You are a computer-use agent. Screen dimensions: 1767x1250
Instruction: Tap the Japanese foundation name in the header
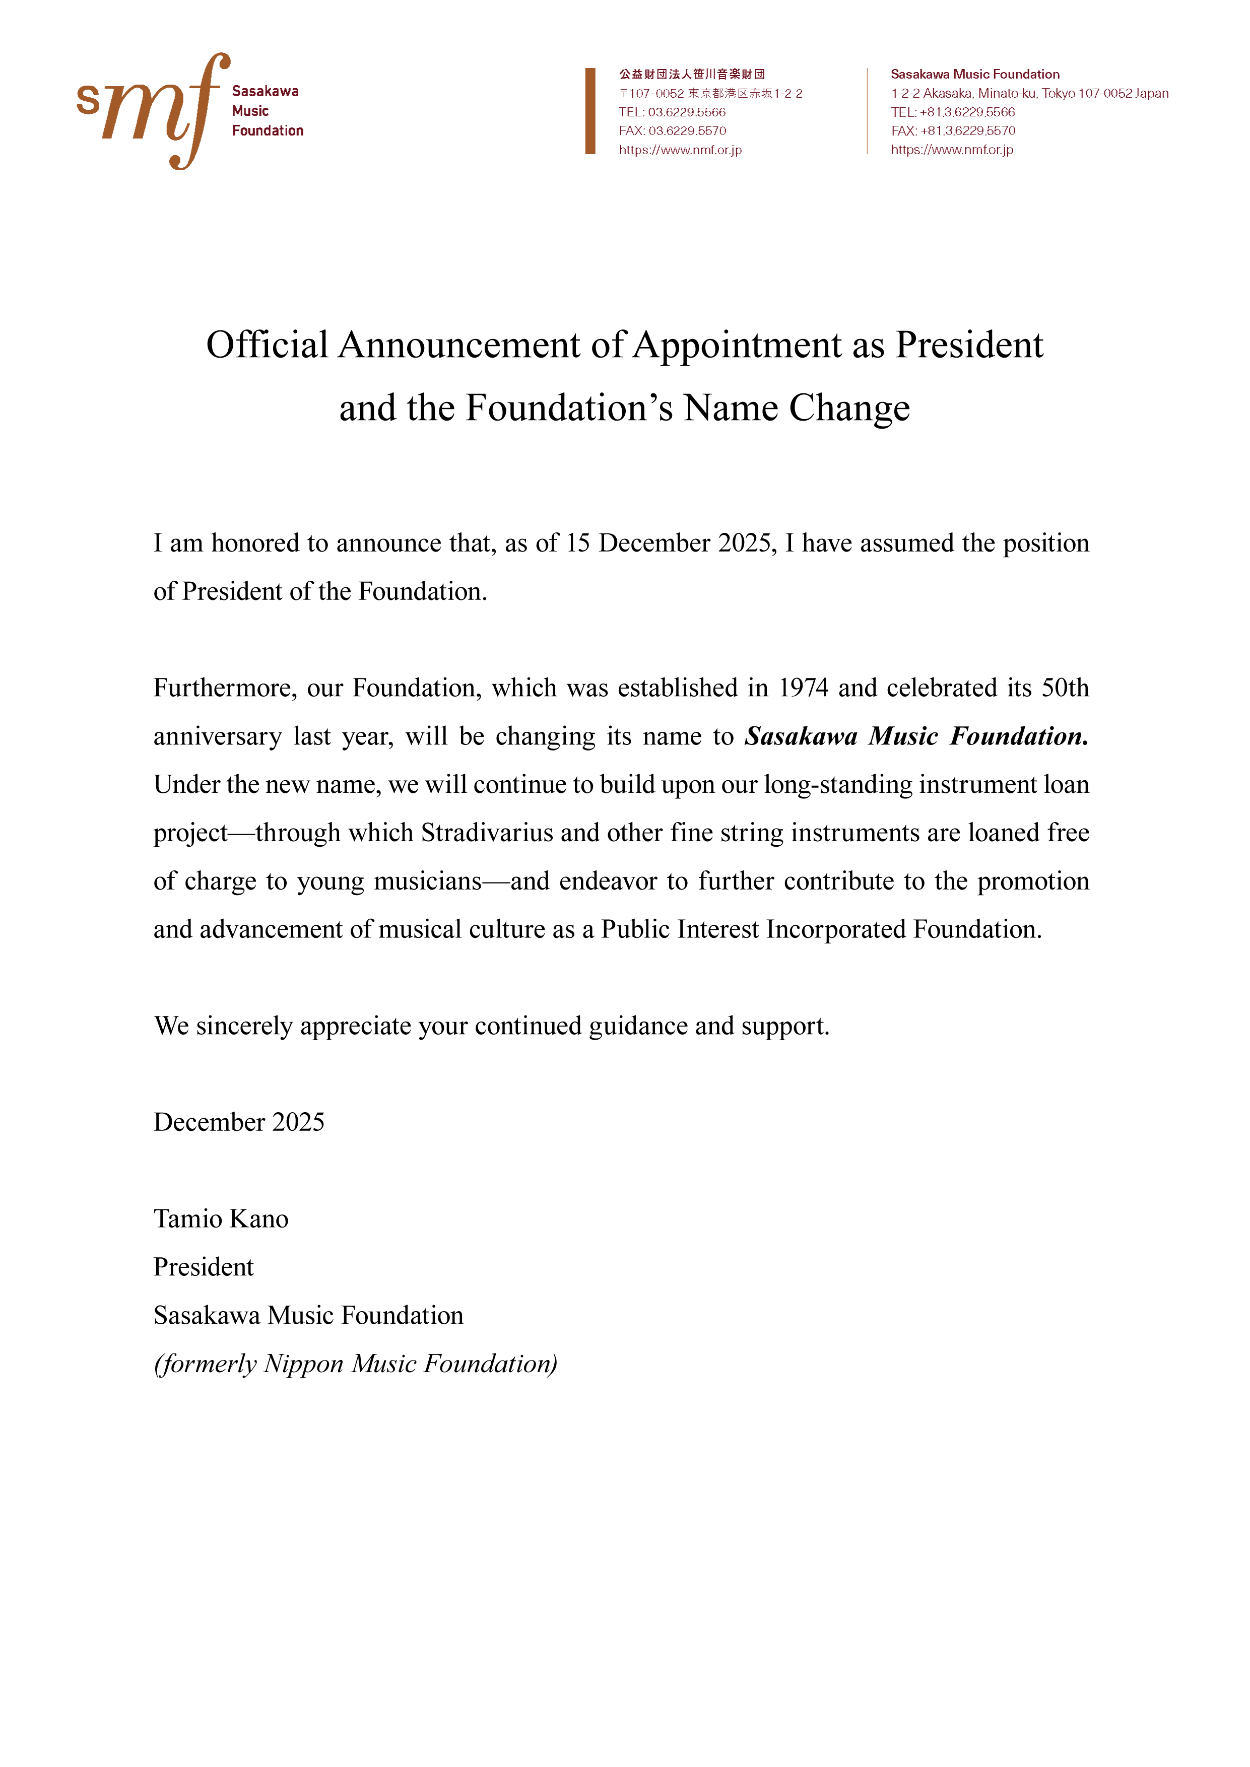tap(691, 74)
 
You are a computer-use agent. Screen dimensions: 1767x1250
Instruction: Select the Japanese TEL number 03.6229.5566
tap(687, 112)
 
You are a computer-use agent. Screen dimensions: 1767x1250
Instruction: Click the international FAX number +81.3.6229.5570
tap(967, 131)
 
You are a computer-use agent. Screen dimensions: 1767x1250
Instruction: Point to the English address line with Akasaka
tap(1029, 93)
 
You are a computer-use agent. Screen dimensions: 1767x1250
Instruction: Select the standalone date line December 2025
tap(239, 1122)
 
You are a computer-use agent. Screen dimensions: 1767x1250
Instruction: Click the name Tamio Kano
tap(221, 1219)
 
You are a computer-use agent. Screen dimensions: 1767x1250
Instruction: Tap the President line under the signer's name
tap(203, 1267)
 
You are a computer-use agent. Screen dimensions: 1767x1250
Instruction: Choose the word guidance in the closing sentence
tap(638, 1026)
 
